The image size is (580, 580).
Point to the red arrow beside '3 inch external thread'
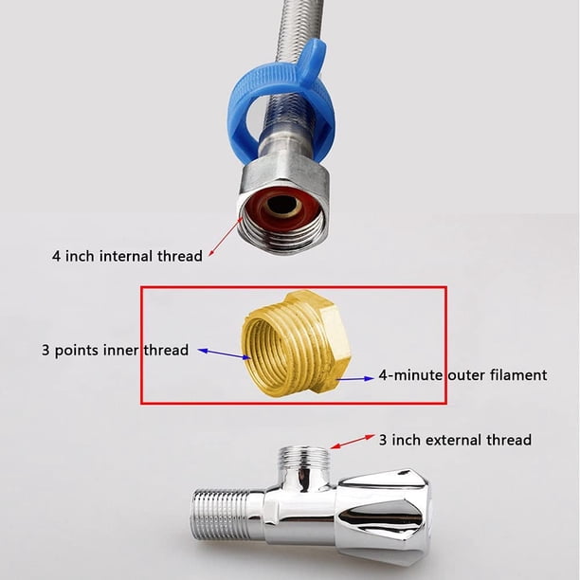(x=353, y=442)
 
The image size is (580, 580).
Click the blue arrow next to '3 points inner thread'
(x=225, y=353)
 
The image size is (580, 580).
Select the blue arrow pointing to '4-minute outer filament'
(x=355, y=378)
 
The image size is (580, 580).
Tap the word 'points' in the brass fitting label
(x=77, y=351)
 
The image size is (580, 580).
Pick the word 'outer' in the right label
(x=466, y=376)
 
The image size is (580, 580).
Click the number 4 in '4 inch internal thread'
(x=56, y=256)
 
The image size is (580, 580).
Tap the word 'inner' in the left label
(x=120, y=351)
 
